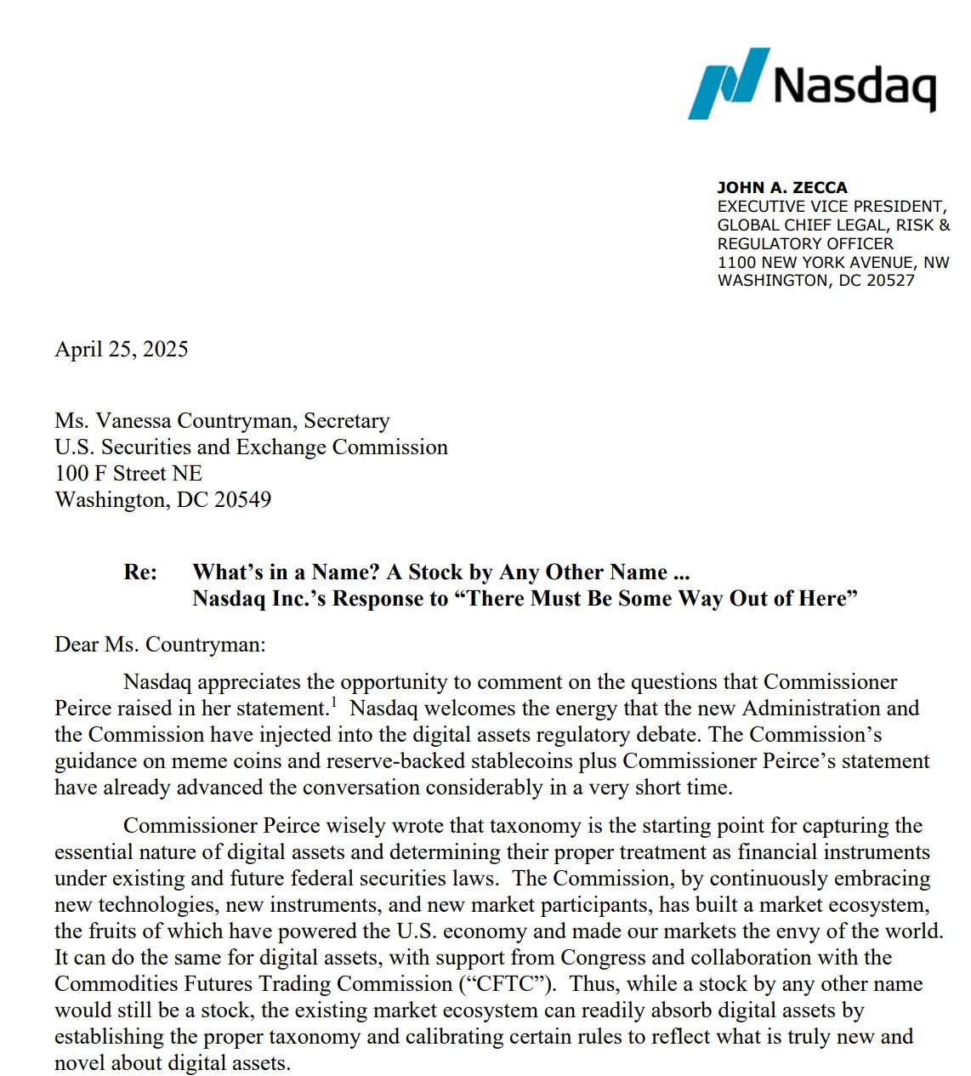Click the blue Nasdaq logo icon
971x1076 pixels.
coord(728,83)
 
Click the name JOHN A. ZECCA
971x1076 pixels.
coord(781,187)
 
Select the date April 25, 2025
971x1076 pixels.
coord(122,350)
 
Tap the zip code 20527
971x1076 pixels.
coord(889,281)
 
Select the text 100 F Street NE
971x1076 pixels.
coord(128,474)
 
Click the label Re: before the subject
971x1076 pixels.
coord(140,572)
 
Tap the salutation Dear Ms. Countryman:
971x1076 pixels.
coord(160,645)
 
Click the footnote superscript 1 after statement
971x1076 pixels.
coord(334,702)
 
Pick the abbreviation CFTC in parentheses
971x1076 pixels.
coord(507,984)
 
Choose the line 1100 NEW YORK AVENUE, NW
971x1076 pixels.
coord(832,262)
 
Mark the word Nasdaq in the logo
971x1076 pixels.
coord(855,85)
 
